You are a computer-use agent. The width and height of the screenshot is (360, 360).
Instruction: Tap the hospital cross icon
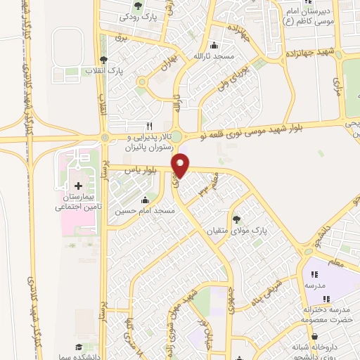tap(77, 185)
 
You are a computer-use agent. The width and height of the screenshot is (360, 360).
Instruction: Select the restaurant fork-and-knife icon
tap(148, 124)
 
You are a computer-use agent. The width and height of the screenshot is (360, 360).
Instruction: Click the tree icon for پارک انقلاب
tap(104, 60)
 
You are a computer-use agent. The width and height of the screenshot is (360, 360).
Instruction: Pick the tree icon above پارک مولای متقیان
tap(236, 219)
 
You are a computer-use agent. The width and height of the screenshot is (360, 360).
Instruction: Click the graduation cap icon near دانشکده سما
tap(79, 347)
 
